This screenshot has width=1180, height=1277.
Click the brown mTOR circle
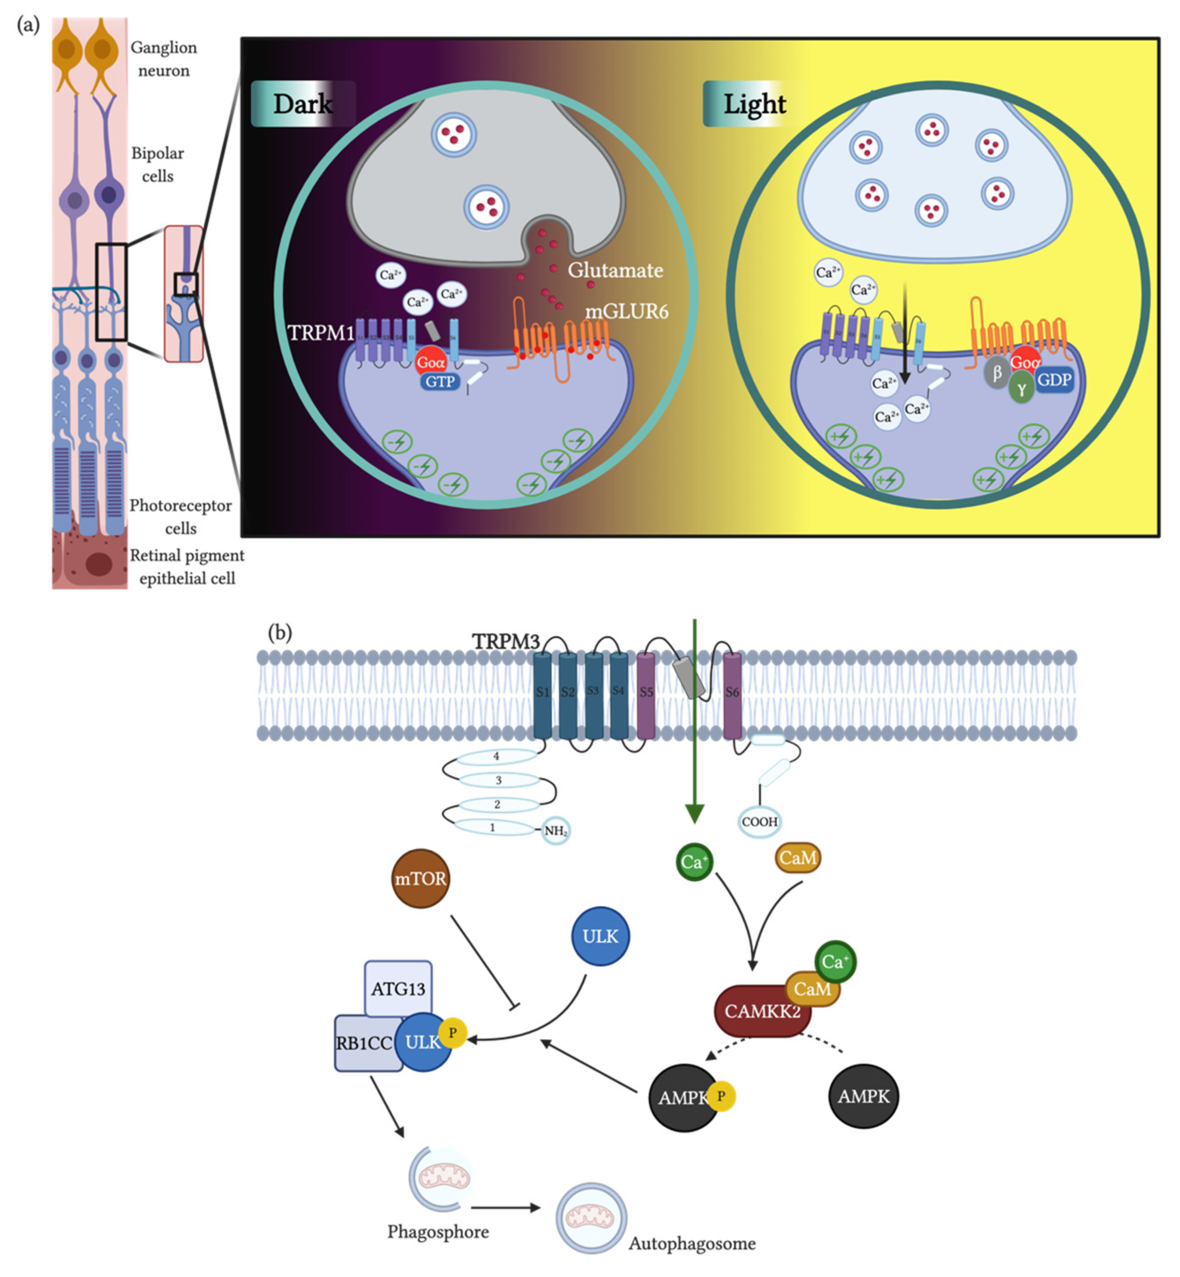420,879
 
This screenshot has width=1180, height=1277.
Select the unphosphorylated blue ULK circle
599,936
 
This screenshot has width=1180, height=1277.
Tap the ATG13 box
398,988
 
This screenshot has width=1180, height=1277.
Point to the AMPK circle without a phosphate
863,1096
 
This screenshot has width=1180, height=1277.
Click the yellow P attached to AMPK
721,1096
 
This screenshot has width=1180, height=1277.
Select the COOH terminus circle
759,822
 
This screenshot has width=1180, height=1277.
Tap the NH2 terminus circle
555,830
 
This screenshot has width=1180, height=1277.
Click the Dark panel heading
303,104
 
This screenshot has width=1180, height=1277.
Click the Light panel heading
754,104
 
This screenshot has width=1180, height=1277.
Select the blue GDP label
1054,380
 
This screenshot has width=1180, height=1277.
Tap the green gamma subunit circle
1021,389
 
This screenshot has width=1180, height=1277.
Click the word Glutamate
615,270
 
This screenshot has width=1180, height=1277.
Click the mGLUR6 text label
626,311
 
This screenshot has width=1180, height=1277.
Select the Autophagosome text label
692,1243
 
